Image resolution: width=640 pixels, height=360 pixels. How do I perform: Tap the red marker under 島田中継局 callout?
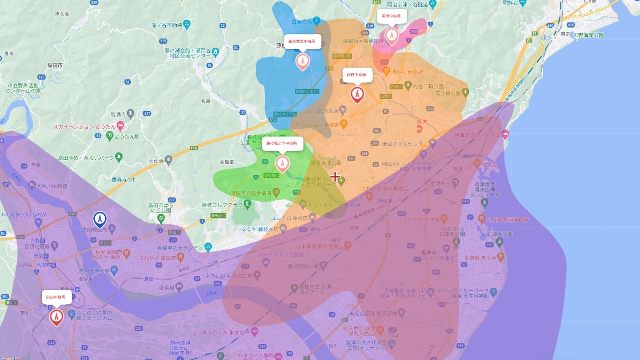pyautogui.click(x=56, y=316)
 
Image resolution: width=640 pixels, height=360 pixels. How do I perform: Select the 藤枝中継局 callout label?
pyautogui.click(x=356, y=74)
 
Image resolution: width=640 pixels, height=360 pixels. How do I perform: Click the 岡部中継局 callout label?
pyautogui.click(x=391, y=16)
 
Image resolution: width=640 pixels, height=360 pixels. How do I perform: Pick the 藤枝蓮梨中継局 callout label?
pyautogui.click(x=302, y=41)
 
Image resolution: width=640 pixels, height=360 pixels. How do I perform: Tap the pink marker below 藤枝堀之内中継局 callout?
pyautogui.click(x=282, y=163)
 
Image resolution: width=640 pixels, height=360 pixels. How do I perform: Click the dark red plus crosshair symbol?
pyautogui.click(x=335, y=177)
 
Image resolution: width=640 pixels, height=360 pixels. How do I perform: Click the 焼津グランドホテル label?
pyautogui.click(x=477, y=135)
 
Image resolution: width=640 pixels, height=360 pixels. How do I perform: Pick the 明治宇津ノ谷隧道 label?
pyautogui.click(x=407, y=4)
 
